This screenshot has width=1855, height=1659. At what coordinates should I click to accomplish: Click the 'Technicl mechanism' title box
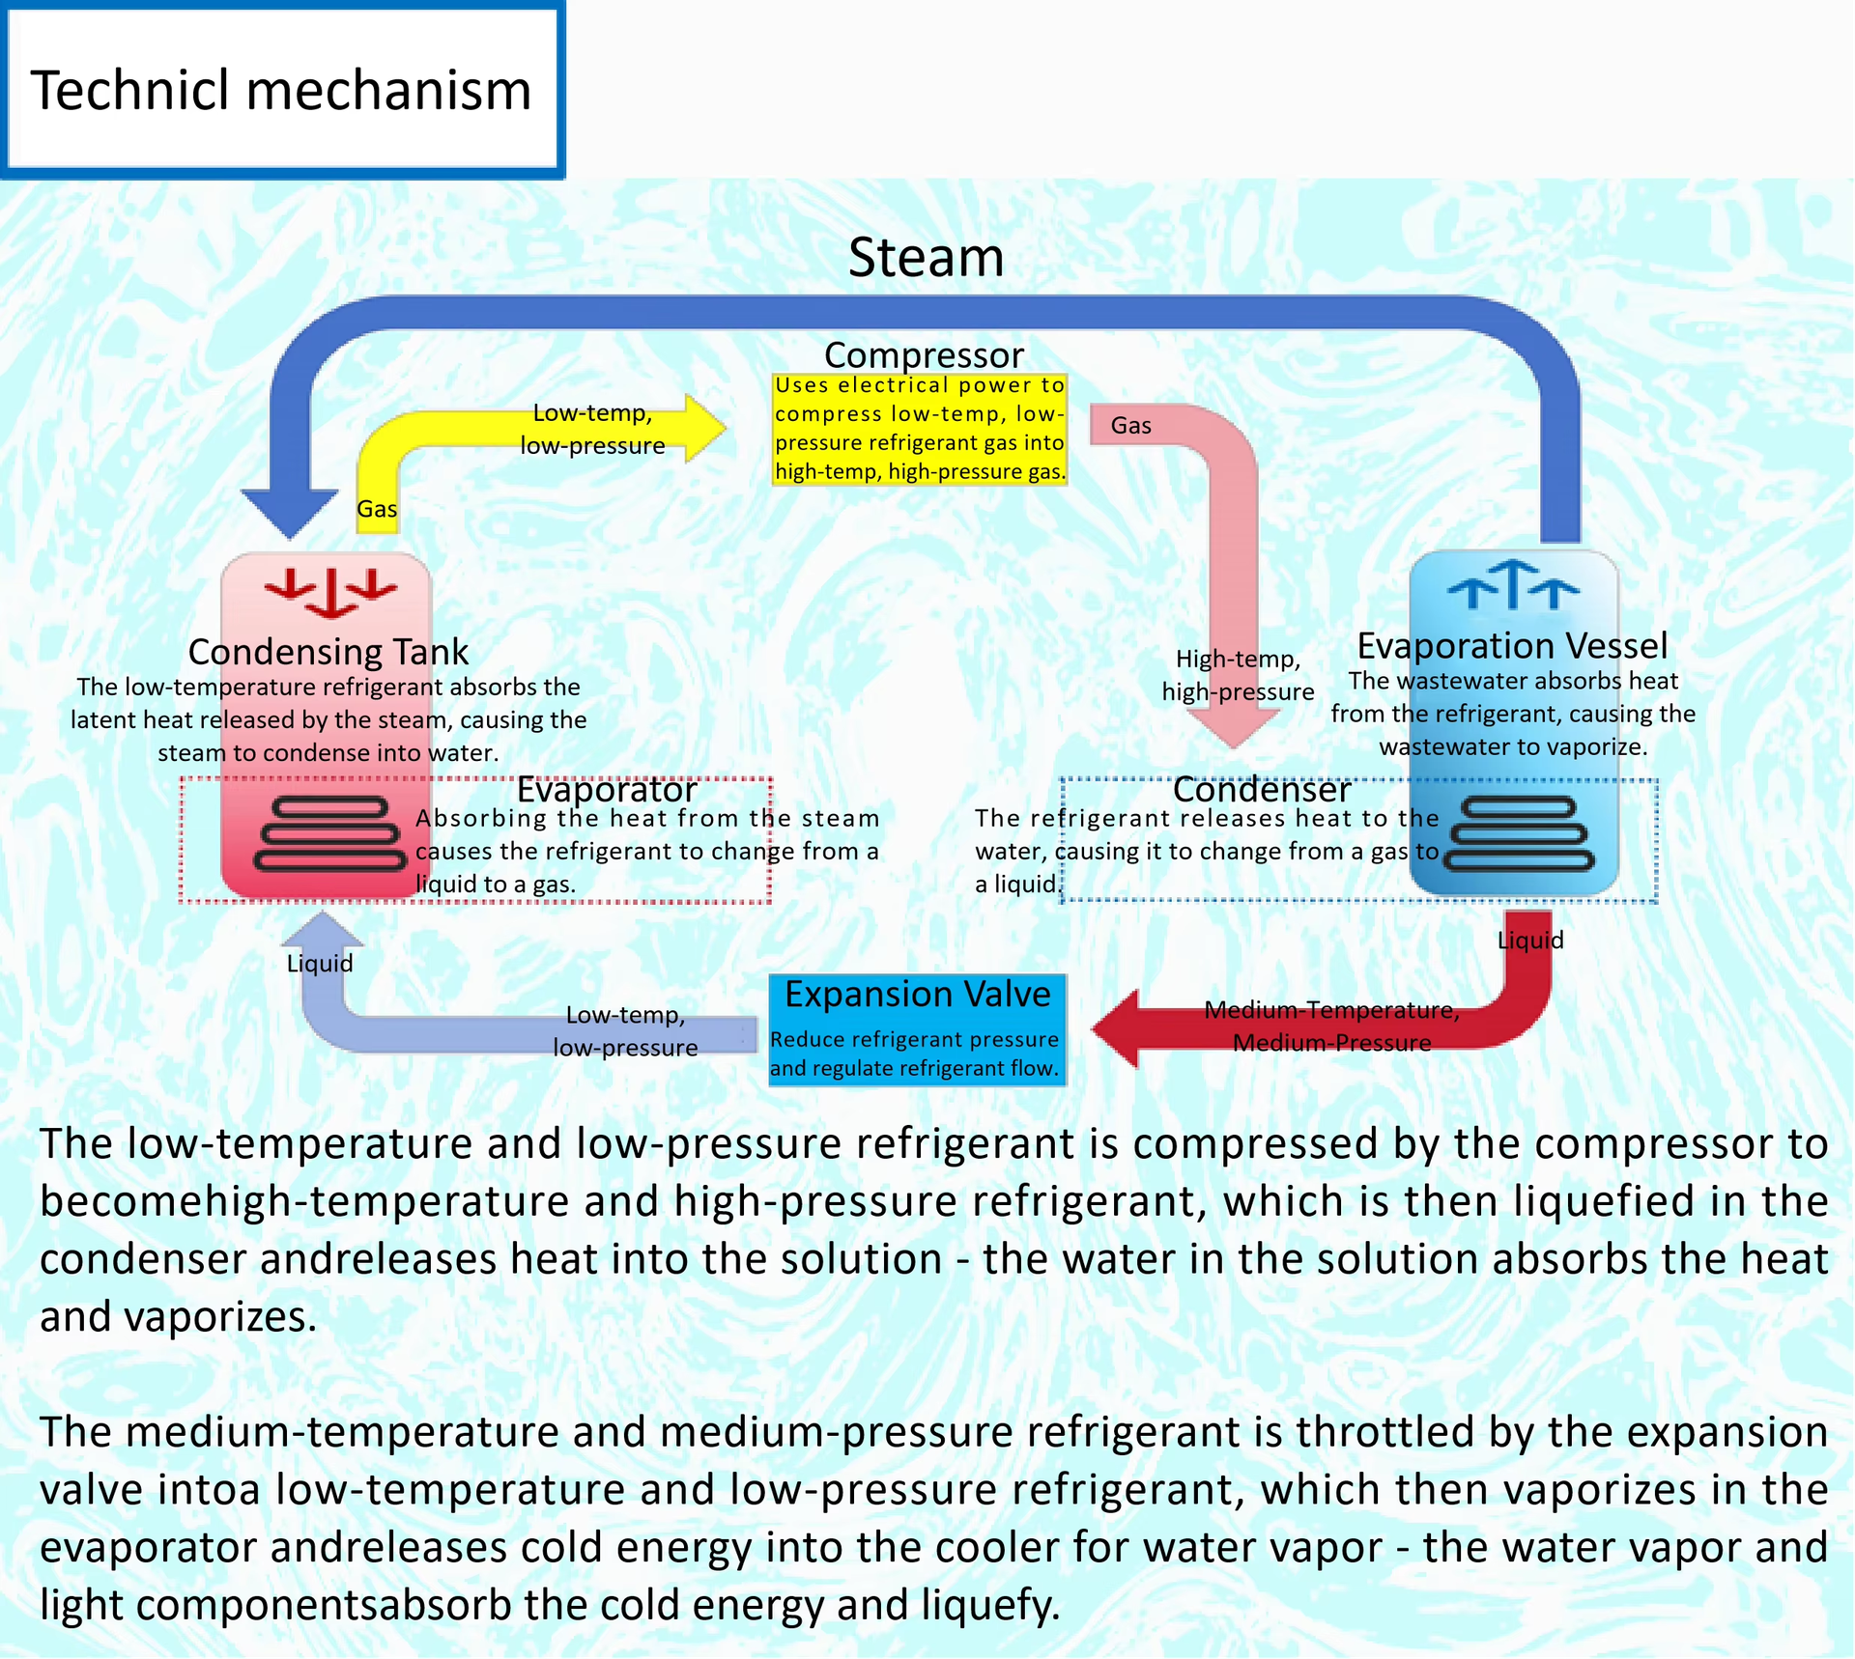pos(282,90)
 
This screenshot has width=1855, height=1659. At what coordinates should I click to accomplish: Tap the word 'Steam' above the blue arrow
pos(926,258)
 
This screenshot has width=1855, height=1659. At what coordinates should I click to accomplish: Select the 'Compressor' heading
pos(924,354)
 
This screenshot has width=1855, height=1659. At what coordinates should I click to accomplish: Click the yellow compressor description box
pos(920,429)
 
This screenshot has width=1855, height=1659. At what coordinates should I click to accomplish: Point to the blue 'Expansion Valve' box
pos(918,1030)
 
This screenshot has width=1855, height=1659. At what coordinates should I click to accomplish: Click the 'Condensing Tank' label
pos(328,652)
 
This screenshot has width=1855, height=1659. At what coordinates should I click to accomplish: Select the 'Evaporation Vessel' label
pos(1512,645)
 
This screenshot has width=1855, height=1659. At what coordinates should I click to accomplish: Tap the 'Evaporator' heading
pos(607,790)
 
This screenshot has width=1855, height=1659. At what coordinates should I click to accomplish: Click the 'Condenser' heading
pos(1261,790)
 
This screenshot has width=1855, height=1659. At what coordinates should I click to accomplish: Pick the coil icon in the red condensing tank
pos(328,833)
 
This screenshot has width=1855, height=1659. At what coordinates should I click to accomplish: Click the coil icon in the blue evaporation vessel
pos(1518,833)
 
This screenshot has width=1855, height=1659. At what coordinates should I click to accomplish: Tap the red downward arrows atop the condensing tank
pos(331,592)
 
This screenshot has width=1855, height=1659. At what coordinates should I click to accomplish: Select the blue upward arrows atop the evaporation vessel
pos(1513,584)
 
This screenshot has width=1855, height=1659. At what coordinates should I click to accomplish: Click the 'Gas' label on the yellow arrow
pos(377,509)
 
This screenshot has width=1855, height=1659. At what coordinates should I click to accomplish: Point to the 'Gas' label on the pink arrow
pos(1131,426)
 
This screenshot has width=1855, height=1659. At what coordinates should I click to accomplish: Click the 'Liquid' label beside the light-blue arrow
pos(320,964)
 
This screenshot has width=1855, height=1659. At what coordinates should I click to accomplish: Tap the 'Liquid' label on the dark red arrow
pos(1530,941)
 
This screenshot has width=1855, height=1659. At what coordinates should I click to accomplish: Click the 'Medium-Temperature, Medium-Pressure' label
pos(1332,1026)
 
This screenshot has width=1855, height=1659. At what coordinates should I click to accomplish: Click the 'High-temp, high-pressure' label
pos(1239,675)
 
